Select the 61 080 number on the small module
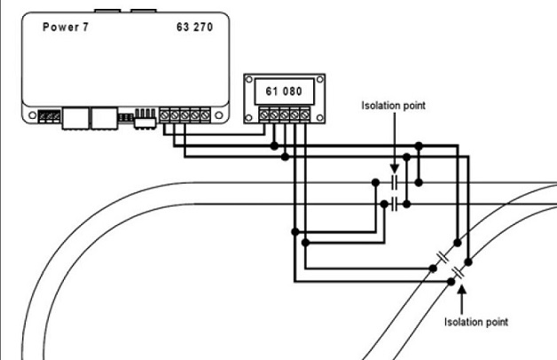(276, 91)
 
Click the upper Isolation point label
(393, 105)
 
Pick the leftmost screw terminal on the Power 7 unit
(166, 115)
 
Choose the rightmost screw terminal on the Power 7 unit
(205, 115)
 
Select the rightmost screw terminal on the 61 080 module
(304, 114)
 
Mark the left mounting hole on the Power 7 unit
(33, 116)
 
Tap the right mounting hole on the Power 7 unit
(218, 116)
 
